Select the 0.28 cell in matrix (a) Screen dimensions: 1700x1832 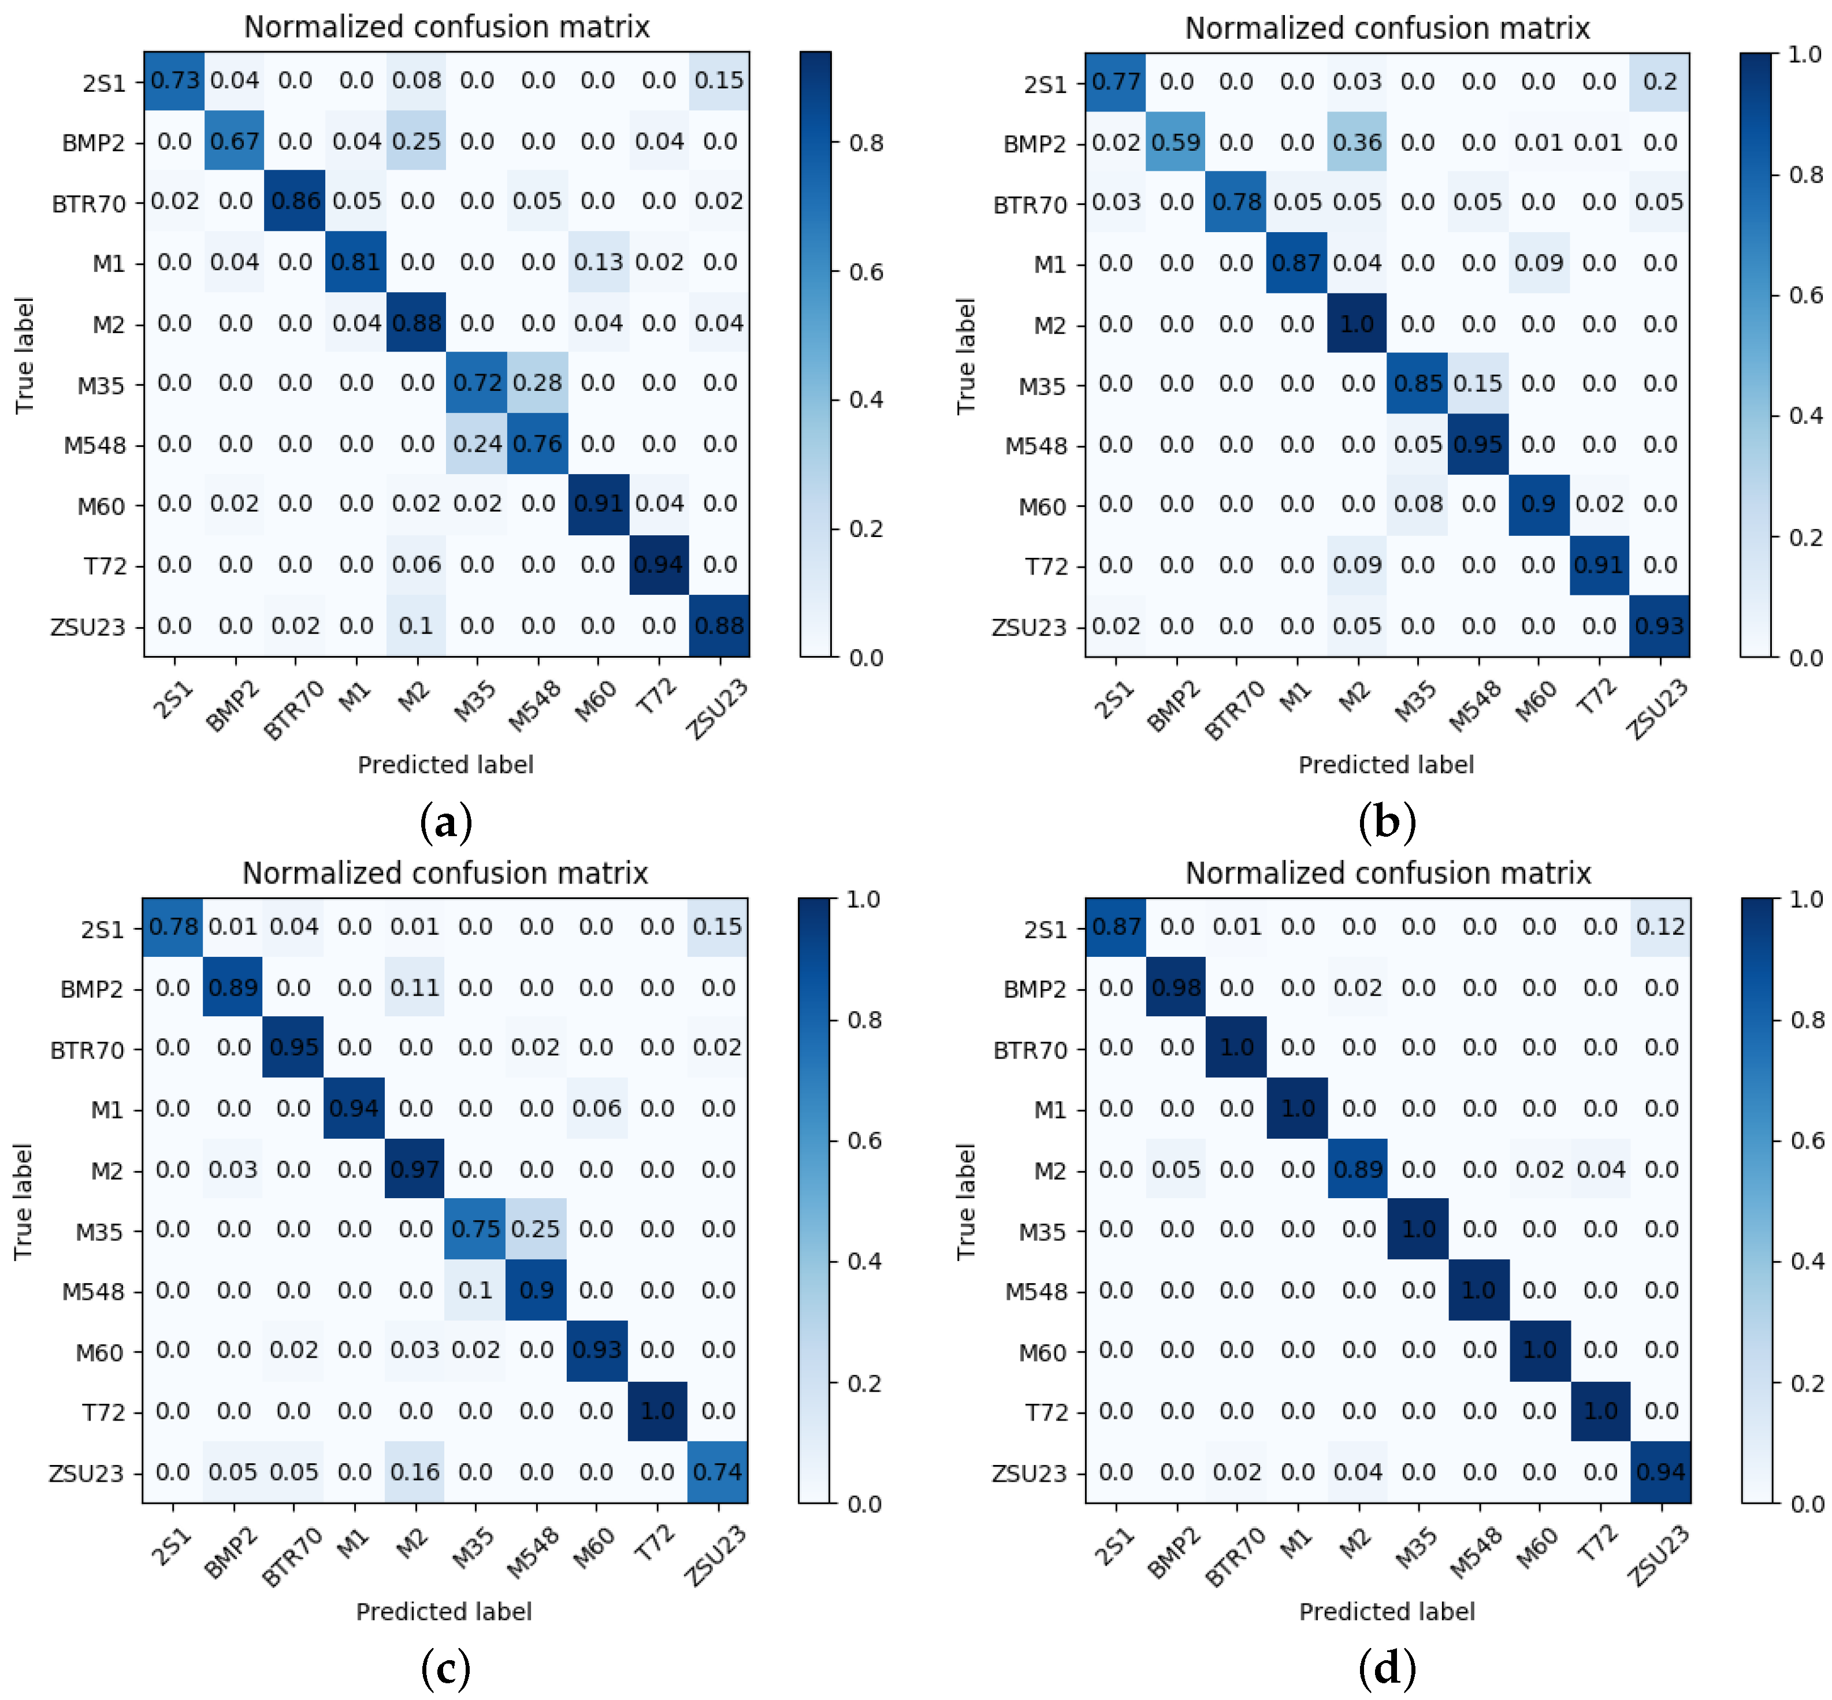(x=537, y=383)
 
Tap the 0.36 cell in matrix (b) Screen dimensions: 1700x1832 (x=1357, y=143)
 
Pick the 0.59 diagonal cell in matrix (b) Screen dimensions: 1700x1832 (x=1176, y=143)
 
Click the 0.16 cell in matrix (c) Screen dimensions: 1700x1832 (x=414, y=1472)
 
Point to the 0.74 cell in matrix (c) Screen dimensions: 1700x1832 (x=718, y=1472)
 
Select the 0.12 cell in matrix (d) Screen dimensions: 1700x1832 (x=1660, y=926)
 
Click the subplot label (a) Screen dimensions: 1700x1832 (x=445, y=822)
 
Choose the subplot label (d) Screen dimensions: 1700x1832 (x=1387, y=1667)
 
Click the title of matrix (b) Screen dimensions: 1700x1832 (x=1387, y=28)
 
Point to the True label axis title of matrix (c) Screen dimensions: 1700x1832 (x=24, y=1202)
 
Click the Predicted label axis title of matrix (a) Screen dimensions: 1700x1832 (x=445, y=765)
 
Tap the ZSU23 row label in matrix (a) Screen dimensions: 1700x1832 (x=87, y=627)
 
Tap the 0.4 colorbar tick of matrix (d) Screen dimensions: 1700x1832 (x=1804, y=1261)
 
